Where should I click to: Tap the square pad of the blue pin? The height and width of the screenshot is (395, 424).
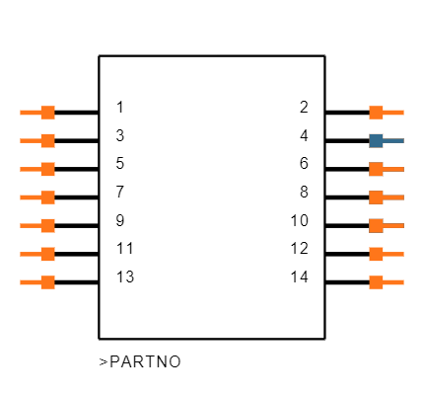376,140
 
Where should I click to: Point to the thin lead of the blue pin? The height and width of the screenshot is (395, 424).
394,140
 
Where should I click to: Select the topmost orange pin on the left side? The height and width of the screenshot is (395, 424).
38,113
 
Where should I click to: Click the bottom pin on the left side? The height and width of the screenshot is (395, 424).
38,282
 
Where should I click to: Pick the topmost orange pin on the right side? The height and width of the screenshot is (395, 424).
385,113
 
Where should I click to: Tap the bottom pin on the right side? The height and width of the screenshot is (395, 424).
385,282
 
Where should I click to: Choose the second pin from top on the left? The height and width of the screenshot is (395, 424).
38,140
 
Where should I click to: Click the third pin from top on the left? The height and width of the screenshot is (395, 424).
38,169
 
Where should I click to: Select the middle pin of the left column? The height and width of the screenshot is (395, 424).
38,197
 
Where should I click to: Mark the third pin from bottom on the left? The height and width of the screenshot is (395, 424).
38,225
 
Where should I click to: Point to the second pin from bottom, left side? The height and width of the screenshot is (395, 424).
38,254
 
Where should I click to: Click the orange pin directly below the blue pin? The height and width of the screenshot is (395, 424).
385,169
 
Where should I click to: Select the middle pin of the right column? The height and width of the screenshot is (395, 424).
385,197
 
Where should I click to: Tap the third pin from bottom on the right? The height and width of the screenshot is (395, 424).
385,225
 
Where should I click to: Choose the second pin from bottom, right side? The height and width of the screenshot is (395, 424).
385,254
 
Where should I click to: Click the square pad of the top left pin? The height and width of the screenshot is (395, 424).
47,113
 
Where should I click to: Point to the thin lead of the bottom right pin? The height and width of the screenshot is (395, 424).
394,282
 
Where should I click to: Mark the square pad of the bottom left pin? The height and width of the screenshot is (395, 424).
47,282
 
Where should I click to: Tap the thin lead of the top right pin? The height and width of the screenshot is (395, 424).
394,113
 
